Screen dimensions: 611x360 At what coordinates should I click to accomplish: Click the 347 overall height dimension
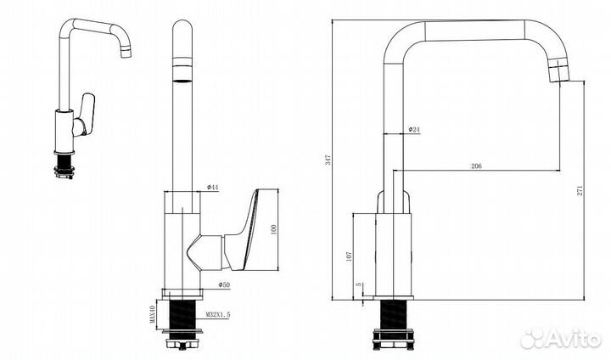pyautogui.click(x=328, y=160)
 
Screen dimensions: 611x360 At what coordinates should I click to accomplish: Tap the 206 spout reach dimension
pyautogui.click(x=476, y=166)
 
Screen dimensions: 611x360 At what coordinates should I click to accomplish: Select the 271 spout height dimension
pyautogui.click(x=580, y=190)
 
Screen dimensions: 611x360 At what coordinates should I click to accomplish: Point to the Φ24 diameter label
pyautogui.click(x=414, y=129)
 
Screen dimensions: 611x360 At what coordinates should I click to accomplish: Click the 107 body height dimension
pyautogui.click(x=349, y=256)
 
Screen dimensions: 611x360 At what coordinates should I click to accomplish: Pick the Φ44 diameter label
pyautogui.click(x=213, y=187)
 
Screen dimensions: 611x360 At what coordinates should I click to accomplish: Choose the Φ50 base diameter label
pyautogui.click(x=224, y=285)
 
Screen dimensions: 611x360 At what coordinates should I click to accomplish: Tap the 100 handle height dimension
pyautogui.click(x=273, y=229)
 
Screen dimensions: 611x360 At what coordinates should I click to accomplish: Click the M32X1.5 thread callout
pyautogui.click(x=218, y=314)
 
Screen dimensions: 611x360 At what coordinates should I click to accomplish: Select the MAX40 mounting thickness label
pyautogui.click(x=153, y=314)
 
